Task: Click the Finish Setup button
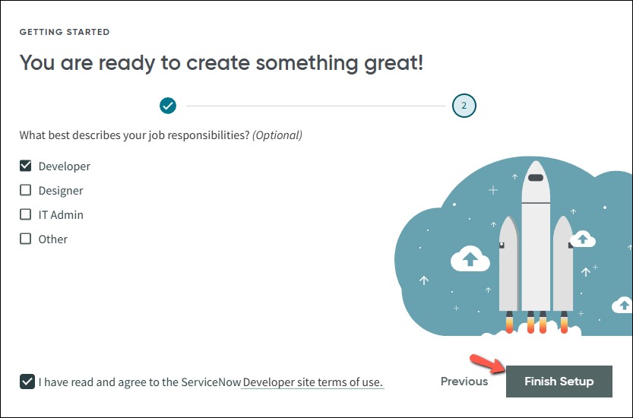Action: (559, 382)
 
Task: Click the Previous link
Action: (464, 382)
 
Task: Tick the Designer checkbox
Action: (25, 190)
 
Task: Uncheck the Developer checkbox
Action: (25, 166)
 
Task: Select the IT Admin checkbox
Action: (25, 214)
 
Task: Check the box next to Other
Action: (25, 239)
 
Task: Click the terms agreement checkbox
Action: (27, 382)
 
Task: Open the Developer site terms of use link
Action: (313, 382)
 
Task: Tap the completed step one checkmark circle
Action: (168, 106)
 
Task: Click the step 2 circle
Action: (464, 106)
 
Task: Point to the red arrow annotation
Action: (487, 363)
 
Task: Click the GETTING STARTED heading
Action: (65, 32)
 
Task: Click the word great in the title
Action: (394, 63)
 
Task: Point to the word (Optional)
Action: (277, 135)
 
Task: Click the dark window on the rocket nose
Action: (536, 178)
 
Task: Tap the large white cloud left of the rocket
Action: (470, 259)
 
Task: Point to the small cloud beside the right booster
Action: (583, 239)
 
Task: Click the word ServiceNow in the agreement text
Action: (211, 382)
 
